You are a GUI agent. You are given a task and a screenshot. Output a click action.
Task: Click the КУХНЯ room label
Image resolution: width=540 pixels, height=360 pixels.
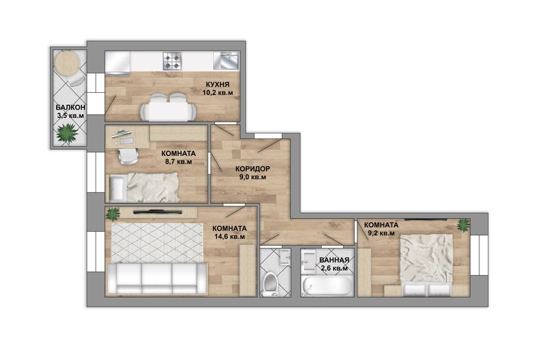[x=218, y=85]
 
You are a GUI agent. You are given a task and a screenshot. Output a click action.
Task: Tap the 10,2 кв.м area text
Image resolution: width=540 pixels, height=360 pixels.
[x=218, y=93]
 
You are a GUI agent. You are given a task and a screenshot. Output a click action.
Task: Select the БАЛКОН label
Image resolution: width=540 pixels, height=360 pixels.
[x=71, y=107]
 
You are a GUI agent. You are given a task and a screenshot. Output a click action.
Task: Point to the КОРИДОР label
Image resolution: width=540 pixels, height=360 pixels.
[x=253, y=169]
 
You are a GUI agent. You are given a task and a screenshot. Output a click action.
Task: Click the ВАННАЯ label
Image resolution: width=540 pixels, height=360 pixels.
[x=334, y=260]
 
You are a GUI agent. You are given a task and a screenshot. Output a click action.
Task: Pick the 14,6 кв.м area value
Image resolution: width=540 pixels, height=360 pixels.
[x=229, y=237]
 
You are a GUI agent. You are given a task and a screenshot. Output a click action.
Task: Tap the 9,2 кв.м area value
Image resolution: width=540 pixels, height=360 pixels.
[x=381, y=233]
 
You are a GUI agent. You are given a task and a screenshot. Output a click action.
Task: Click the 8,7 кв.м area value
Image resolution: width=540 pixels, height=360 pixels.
[x=178, y=161]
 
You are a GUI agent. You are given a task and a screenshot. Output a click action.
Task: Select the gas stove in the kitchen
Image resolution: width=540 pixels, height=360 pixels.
[x=172, y=61]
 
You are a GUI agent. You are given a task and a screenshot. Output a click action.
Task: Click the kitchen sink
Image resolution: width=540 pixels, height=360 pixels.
[x=226, y=61]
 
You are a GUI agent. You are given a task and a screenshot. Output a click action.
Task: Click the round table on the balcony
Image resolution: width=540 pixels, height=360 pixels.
[x=67, y=62]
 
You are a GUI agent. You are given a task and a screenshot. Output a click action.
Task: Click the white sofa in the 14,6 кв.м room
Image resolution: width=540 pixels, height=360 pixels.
[x=157, y=279]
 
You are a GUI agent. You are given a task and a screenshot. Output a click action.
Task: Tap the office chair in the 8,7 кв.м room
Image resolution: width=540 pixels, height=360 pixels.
[x=128, y=156]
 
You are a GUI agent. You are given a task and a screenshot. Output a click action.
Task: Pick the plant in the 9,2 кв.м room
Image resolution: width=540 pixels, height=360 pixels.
[x=463, y=226]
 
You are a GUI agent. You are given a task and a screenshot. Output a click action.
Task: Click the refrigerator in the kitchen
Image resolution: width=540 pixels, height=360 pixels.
[x=118, y=63]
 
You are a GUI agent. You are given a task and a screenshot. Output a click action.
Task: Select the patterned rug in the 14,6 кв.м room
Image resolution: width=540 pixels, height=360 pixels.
[x=157, y=243]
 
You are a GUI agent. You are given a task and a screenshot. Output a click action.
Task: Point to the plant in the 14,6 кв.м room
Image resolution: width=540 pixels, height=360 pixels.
[x=113, y=214]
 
